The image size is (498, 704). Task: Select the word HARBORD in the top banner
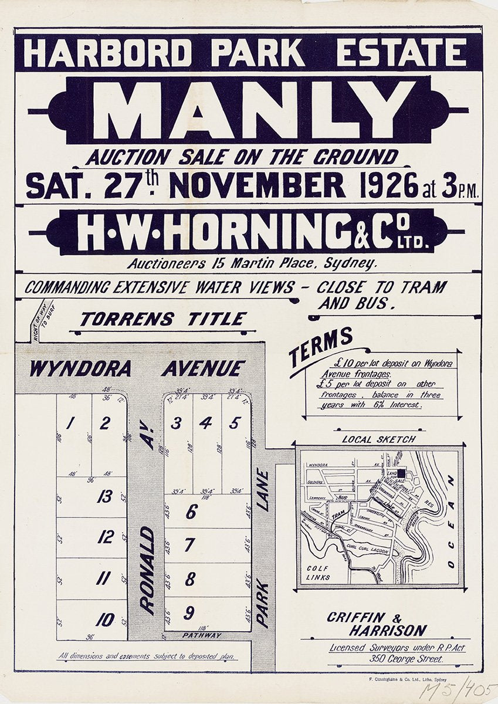[107, 53]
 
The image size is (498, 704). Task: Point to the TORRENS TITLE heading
[163, 319]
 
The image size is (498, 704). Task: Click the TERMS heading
[321, 346]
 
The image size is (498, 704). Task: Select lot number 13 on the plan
[105, 497]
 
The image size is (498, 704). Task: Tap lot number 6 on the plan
[191, 512]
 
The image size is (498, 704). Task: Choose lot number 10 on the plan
[105, 620]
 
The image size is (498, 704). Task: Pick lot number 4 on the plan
[205, 422]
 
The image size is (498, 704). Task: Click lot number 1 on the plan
[70, 422]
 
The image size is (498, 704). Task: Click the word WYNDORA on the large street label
[80, 368]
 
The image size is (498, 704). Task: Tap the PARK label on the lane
[262, 604]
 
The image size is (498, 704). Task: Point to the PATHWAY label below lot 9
[202, 635]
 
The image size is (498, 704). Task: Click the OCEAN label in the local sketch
[450, 522]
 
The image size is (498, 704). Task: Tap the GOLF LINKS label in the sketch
[319, 573]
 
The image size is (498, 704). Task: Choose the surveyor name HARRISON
[388, 631]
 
